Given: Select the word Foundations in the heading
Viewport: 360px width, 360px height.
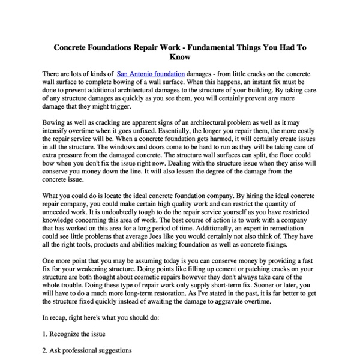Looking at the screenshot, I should pyautogui.click(x=109, y=46).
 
